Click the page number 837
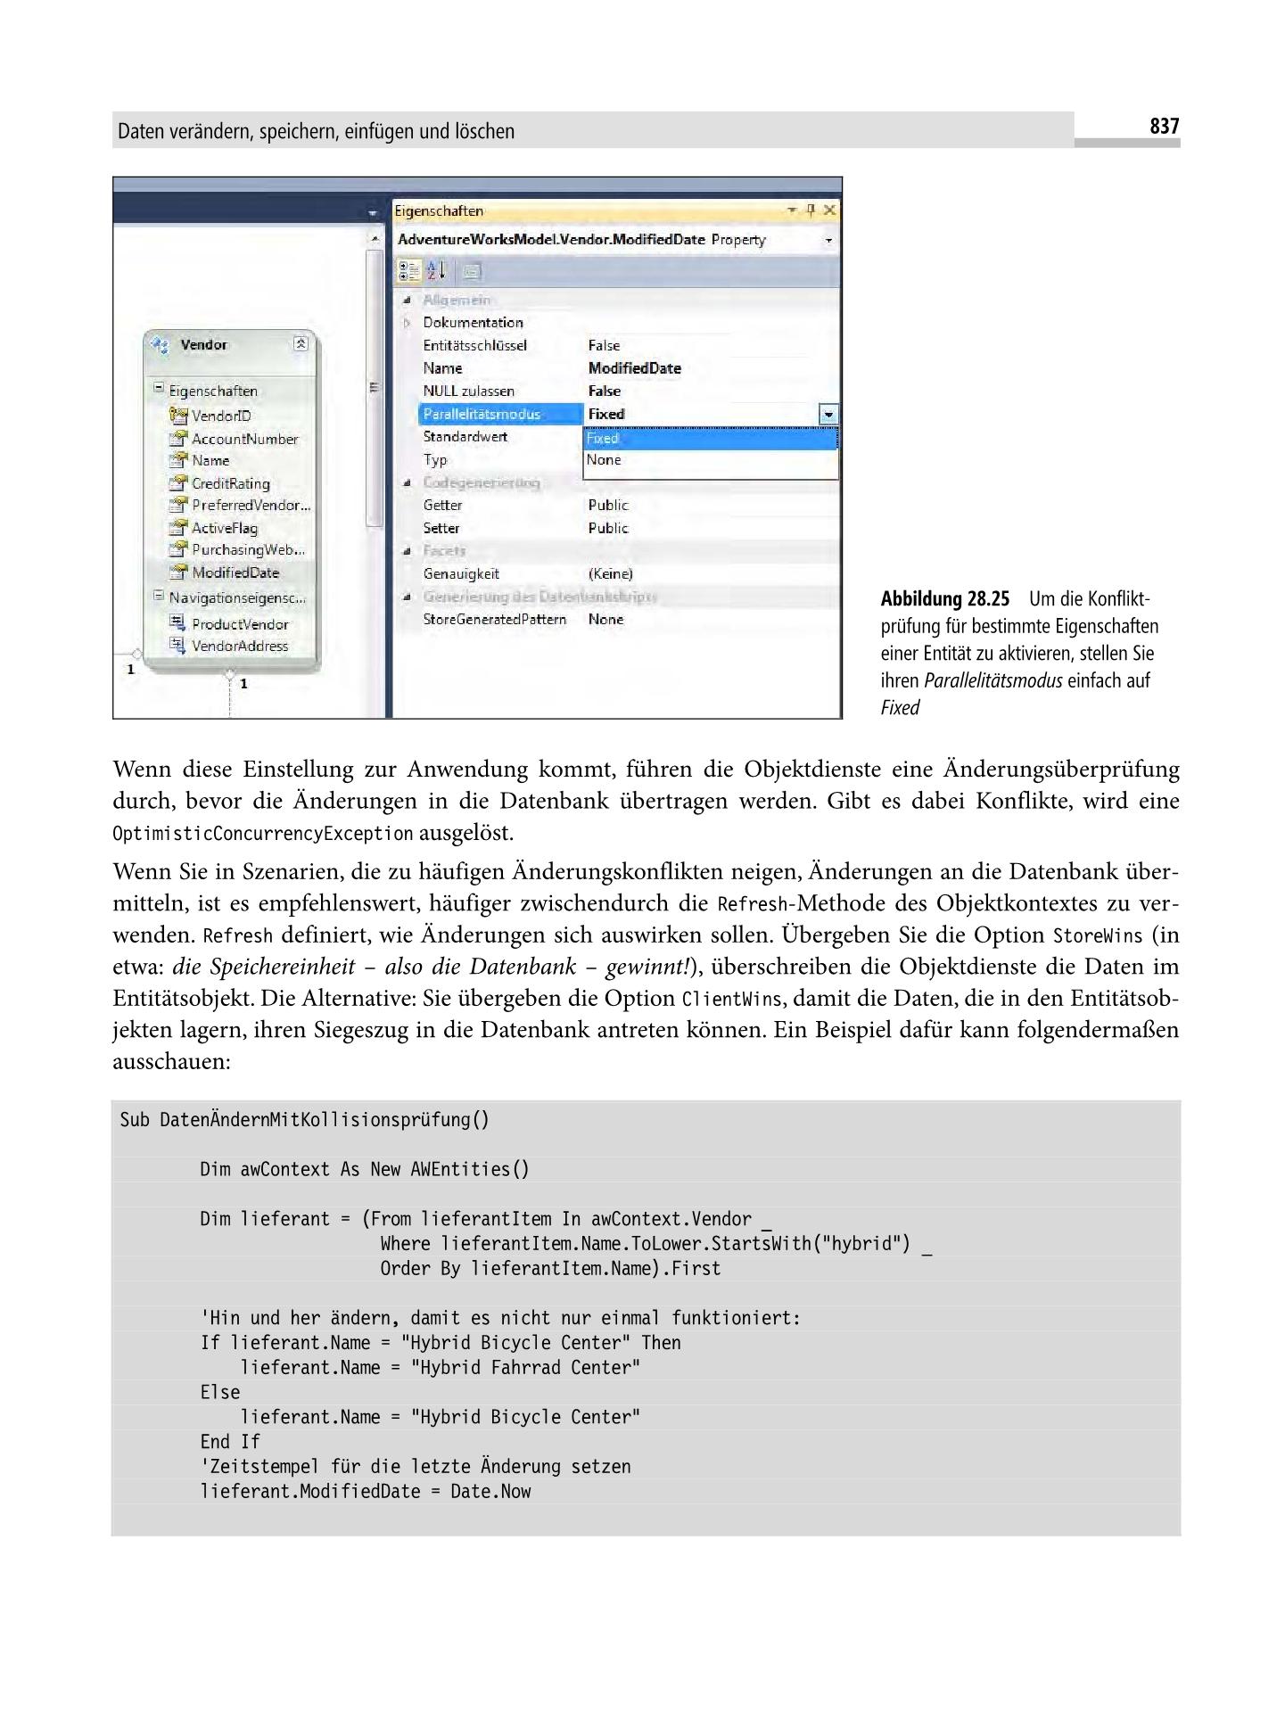click(x=1164, y=127)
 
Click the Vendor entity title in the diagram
click(x=204, y=345)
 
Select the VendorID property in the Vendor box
click(x=221, y=416)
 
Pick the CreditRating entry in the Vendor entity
click(x=230, y=483)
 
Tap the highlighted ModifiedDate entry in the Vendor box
click(x=235, y=573)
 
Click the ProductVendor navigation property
click(x=239, y=624)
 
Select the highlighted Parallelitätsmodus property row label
click(x=482, y=414)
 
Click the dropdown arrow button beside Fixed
click(x=829, y=415)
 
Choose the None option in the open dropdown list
click(x=604, y=460)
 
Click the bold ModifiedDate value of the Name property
click(x=634, y=368)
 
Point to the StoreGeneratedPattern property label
click(x=494, y=620)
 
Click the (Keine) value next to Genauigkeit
click(x=610, y=574)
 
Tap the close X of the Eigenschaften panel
click(x=829, y=210)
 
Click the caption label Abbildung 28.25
click(x=944, y=598)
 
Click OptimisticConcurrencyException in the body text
click(x=263, y=835)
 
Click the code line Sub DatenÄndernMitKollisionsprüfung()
click(x=304, y=1120)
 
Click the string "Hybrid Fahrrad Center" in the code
click(x=524, y=1368)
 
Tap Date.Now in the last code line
click(x=490, y=1492)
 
